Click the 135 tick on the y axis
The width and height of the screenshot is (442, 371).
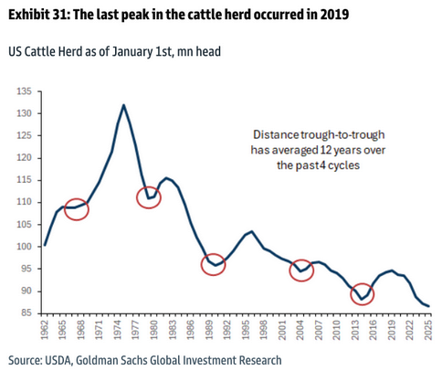click(x=24, y=91)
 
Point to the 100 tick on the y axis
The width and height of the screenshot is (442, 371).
click(x=24, y=247)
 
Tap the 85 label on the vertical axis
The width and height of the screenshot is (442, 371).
click(x=26, y=313)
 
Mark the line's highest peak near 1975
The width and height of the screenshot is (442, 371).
click(x=123, y=105)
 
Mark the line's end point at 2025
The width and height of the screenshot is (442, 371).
click(x=428, y=306)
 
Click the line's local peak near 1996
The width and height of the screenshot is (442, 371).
click(x=252, y=231)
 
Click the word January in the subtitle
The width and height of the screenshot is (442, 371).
click(x=132, y=51)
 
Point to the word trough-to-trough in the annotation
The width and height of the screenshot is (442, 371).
click(x=342, y=135)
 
